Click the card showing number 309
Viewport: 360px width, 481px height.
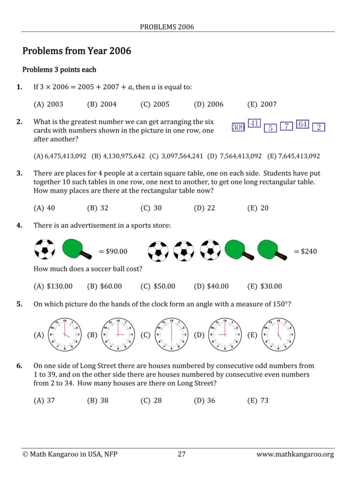(x=238, y=127)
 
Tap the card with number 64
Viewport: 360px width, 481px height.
(x=303, y=124)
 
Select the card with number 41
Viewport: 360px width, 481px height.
(x=254, y=124)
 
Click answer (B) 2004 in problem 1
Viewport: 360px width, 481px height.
(x=102, y=104)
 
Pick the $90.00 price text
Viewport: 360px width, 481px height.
(x=113, y=251)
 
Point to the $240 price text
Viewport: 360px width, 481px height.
(x=305, y=251)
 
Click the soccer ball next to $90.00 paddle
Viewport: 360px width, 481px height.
(x=45, y=249)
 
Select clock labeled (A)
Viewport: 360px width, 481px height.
(x=64, y=335)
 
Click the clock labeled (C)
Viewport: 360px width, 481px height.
(x=172, y=335)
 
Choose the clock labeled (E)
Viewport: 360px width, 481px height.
(x=278, y=335)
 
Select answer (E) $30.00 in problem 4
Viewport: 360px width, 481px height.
(x=265, y=286)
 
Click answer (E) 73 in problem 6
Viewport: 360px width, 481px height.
(x=258, y=401)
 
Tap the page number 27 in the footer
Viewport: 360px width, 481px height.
(x=182, y=454)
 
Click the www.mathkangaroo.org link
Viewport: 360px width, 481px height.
(x=295, y=455)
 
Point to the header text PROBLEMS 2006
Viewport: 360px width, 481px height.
(x=167, y=27)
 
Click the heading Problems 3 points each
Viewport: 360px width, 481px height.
(x=59, y=70)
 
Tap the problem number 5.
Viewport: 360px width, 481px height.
(x=19, y=304)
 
